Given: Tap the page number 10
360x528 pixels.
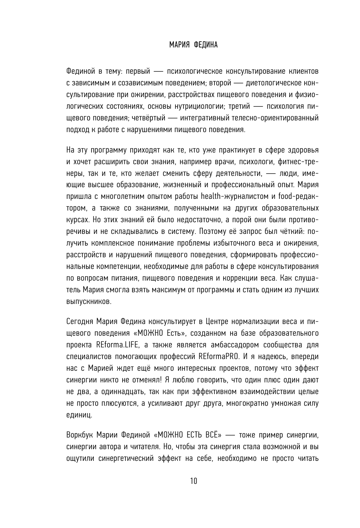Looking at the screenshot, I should tap(193, 481).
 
